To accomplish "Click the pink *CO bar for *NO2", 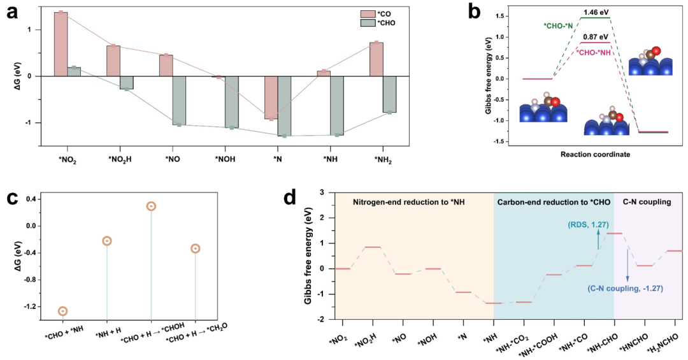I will [61, 44].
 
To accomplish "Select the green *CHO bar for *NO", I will [179, 100].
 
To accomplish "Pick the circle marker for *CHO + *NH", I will [62, 311].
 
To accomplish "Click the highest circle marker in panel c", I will [151, 206].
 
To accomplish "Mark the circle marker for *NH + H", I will [107, 241].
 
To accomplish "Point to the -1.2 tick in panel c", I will [30, 306].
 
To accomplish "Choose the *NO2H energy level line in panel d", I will [373, 247].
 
